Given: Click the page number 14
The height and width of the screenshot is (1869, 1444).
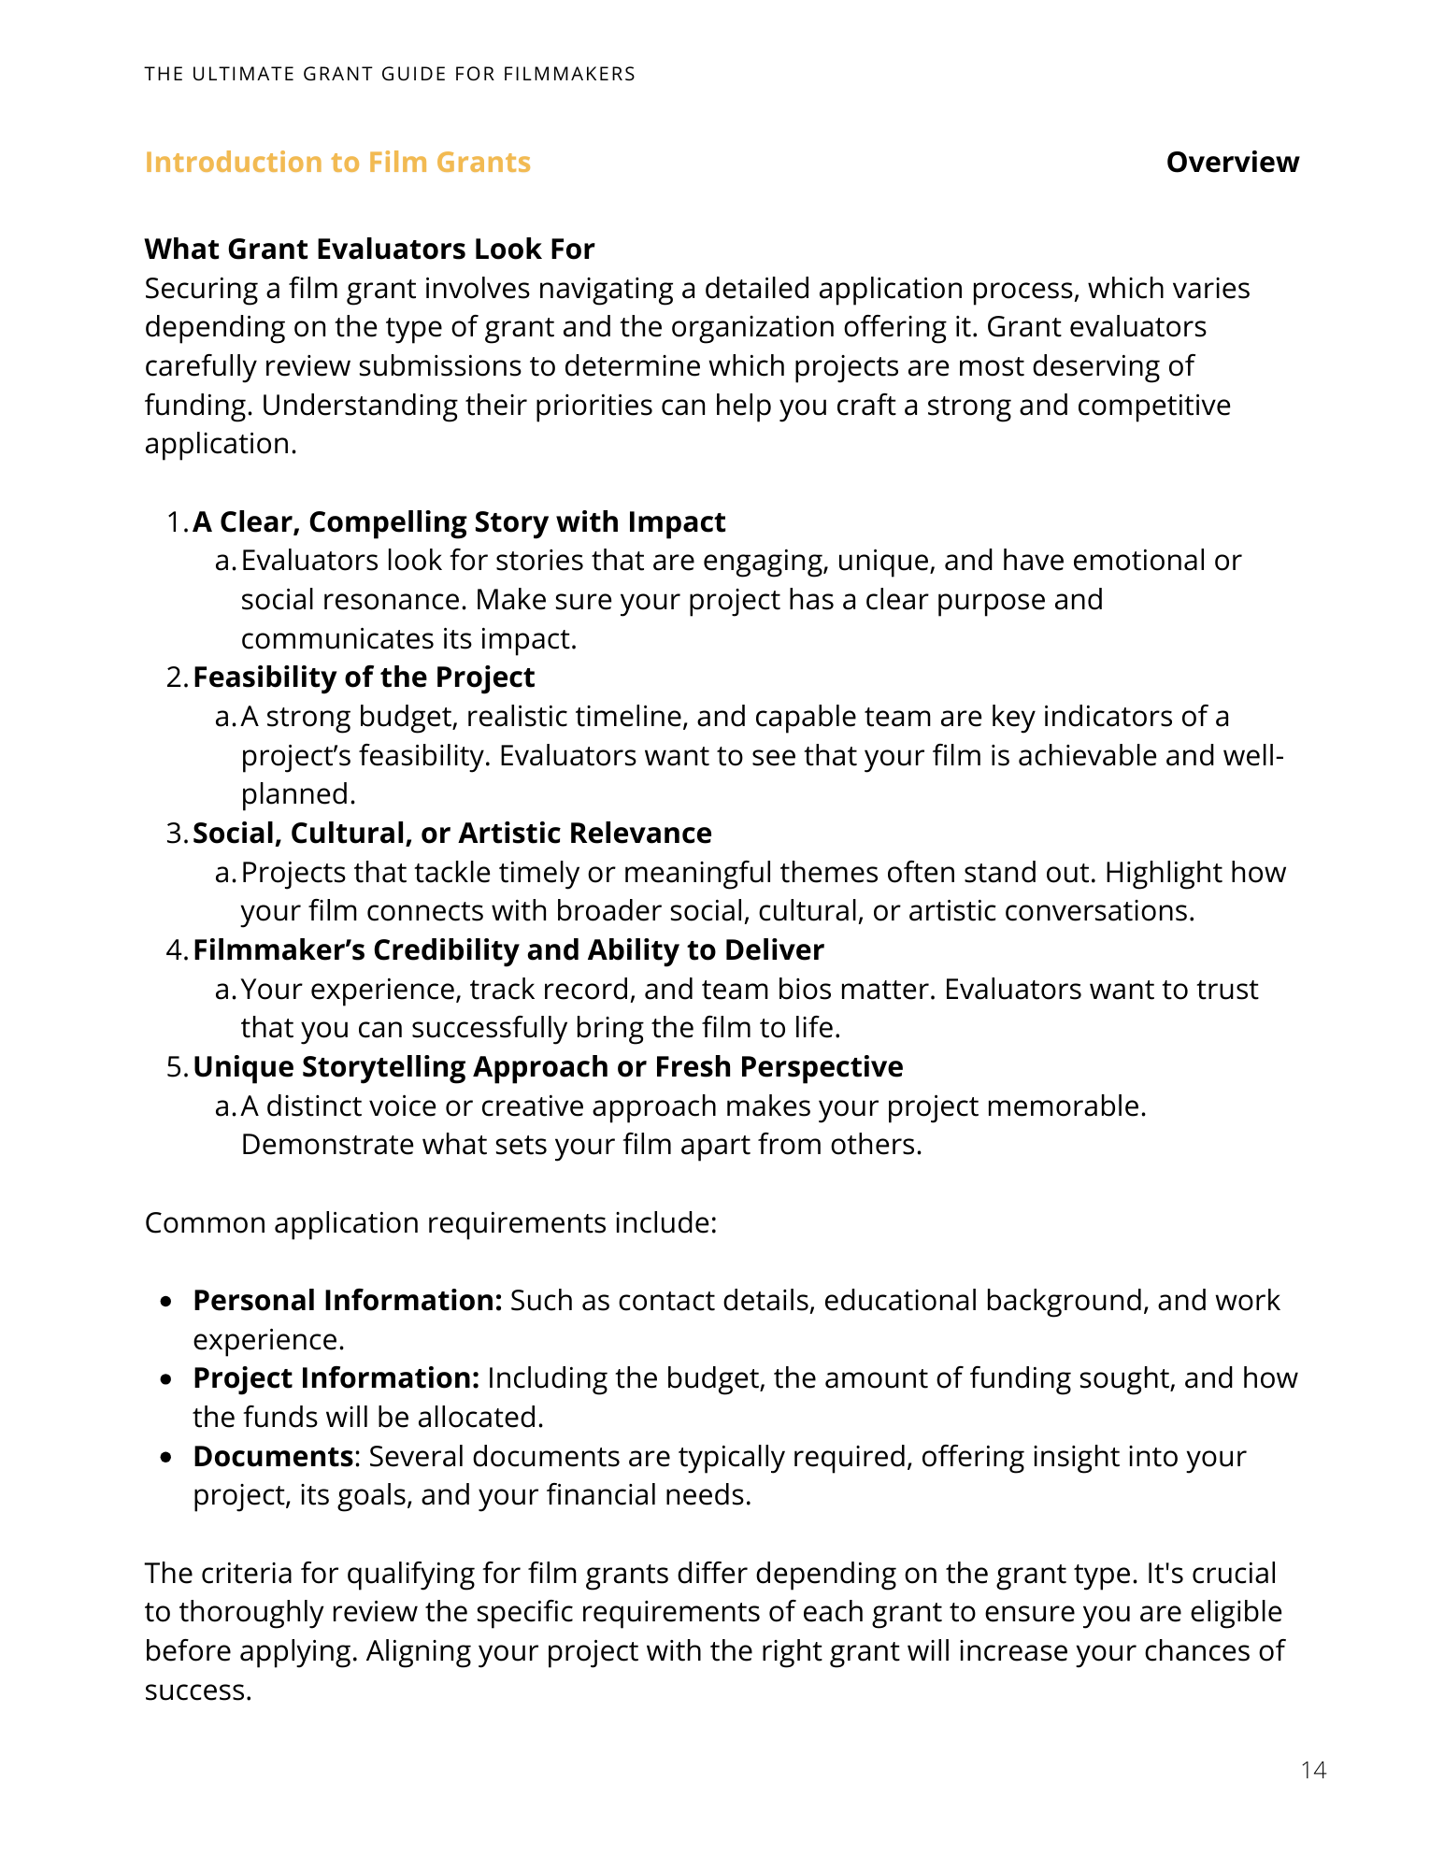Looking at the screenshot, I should (1312, 1770).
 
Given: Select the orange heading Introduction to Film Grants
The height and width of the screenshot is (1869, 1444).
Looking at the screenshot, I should (337, 163).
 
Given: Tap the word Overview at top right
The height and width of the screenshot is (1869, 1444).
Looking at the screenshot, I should (1232, 163).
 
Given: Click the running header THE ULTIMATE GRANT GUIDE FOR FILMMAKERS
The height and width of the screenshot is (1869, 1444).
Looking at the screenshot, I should (390, 74).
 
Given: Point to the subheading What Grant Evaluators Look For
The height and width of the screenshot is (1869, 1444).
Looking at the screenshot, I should (369, 250).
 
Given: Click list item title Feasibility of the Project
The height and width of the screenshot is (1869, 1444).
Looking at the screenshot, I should (364, 678).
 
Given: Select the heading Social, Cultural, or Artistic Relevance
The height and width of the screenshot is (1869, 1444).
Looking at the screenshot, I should (452, 834).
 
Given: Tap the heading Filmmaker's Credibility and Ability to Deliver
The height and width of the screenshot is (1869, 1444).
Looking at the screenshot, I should (508, 950).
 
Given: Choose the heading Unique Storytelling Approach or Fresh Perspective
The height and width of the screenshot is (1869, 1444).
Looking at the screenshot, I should (548, 1067).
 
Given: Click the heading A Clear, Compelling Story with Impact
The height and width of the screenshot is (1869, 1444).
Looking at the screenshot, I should (459, 522).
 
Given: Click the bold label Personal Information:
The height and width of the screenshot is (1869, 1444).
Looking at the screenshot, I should (348, 1301).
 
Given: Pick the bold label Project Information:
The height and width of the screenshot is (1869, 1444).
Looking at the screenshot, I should (336, 1378).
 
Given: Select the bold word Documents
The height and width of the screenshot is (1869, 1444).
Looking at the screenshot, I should (272, 1457).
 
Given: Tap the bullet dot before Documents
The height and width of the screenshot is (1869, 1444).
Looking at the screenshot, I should (166, 1458).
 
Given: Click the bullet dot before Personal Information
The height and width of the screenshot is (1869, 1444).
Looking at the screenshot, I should (166, 1302).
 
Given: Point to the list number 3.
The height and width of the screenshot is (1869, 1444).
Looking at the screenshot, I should (176, 834).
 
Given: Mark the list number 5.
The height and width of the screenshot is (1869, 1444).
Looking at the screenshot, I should (176, 1067).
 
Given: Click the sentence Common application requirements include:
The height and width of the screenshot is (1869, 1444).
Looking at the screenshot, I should (431, 1223).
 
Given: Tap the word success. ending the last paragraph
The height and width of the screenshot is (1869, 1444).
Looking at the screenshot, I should (198, 1691).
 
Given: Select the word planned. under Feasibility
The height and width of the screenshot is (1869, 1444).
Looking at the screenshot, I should (298, 794).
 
